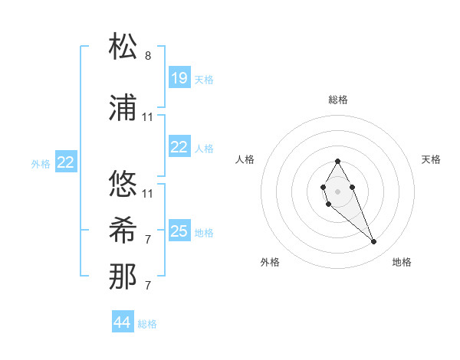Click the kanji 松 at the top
pyautogui.click(x=123, y=47)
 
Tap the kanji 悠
pyautogui.click(x=123, y=184)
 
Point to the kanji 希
pyautogui.click(x=123, y=231)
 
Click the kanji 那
pyautogui.click(x=123, y=277)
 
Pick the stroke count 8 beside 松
pyautogui.click(x=148, y=56)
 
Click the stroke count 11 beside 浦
pyautogui.click(x=148, y=116)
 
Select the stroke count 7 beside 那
pyautogui.click(x=148, y=286)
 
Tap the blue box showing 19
pyautogui.click(x=179, y=78)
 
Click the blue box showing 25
pyautogui.click(x=179, y=231)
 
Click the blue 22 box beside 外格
pyautogui.click(x=65, y=162)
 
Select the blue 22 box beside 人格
pyautogui.click(x=179, y=147)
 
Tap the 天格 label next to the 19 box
pyautogui.click(x=204, y=80)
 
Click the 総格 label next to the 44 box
pyautogui.click(x=147, y=324)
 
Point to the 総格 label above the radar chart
pyautogui.click(x=338, y=100)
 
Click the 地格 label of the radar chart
pyautogui.click(x=402, y=262)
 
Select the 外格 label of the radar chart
pyautogui.click(x=270, y=262)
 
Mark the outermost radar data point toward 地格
pyautogui.click(x=373, y=242)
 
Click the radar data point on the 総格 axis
pyautogui.click(x=337, y=161)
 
